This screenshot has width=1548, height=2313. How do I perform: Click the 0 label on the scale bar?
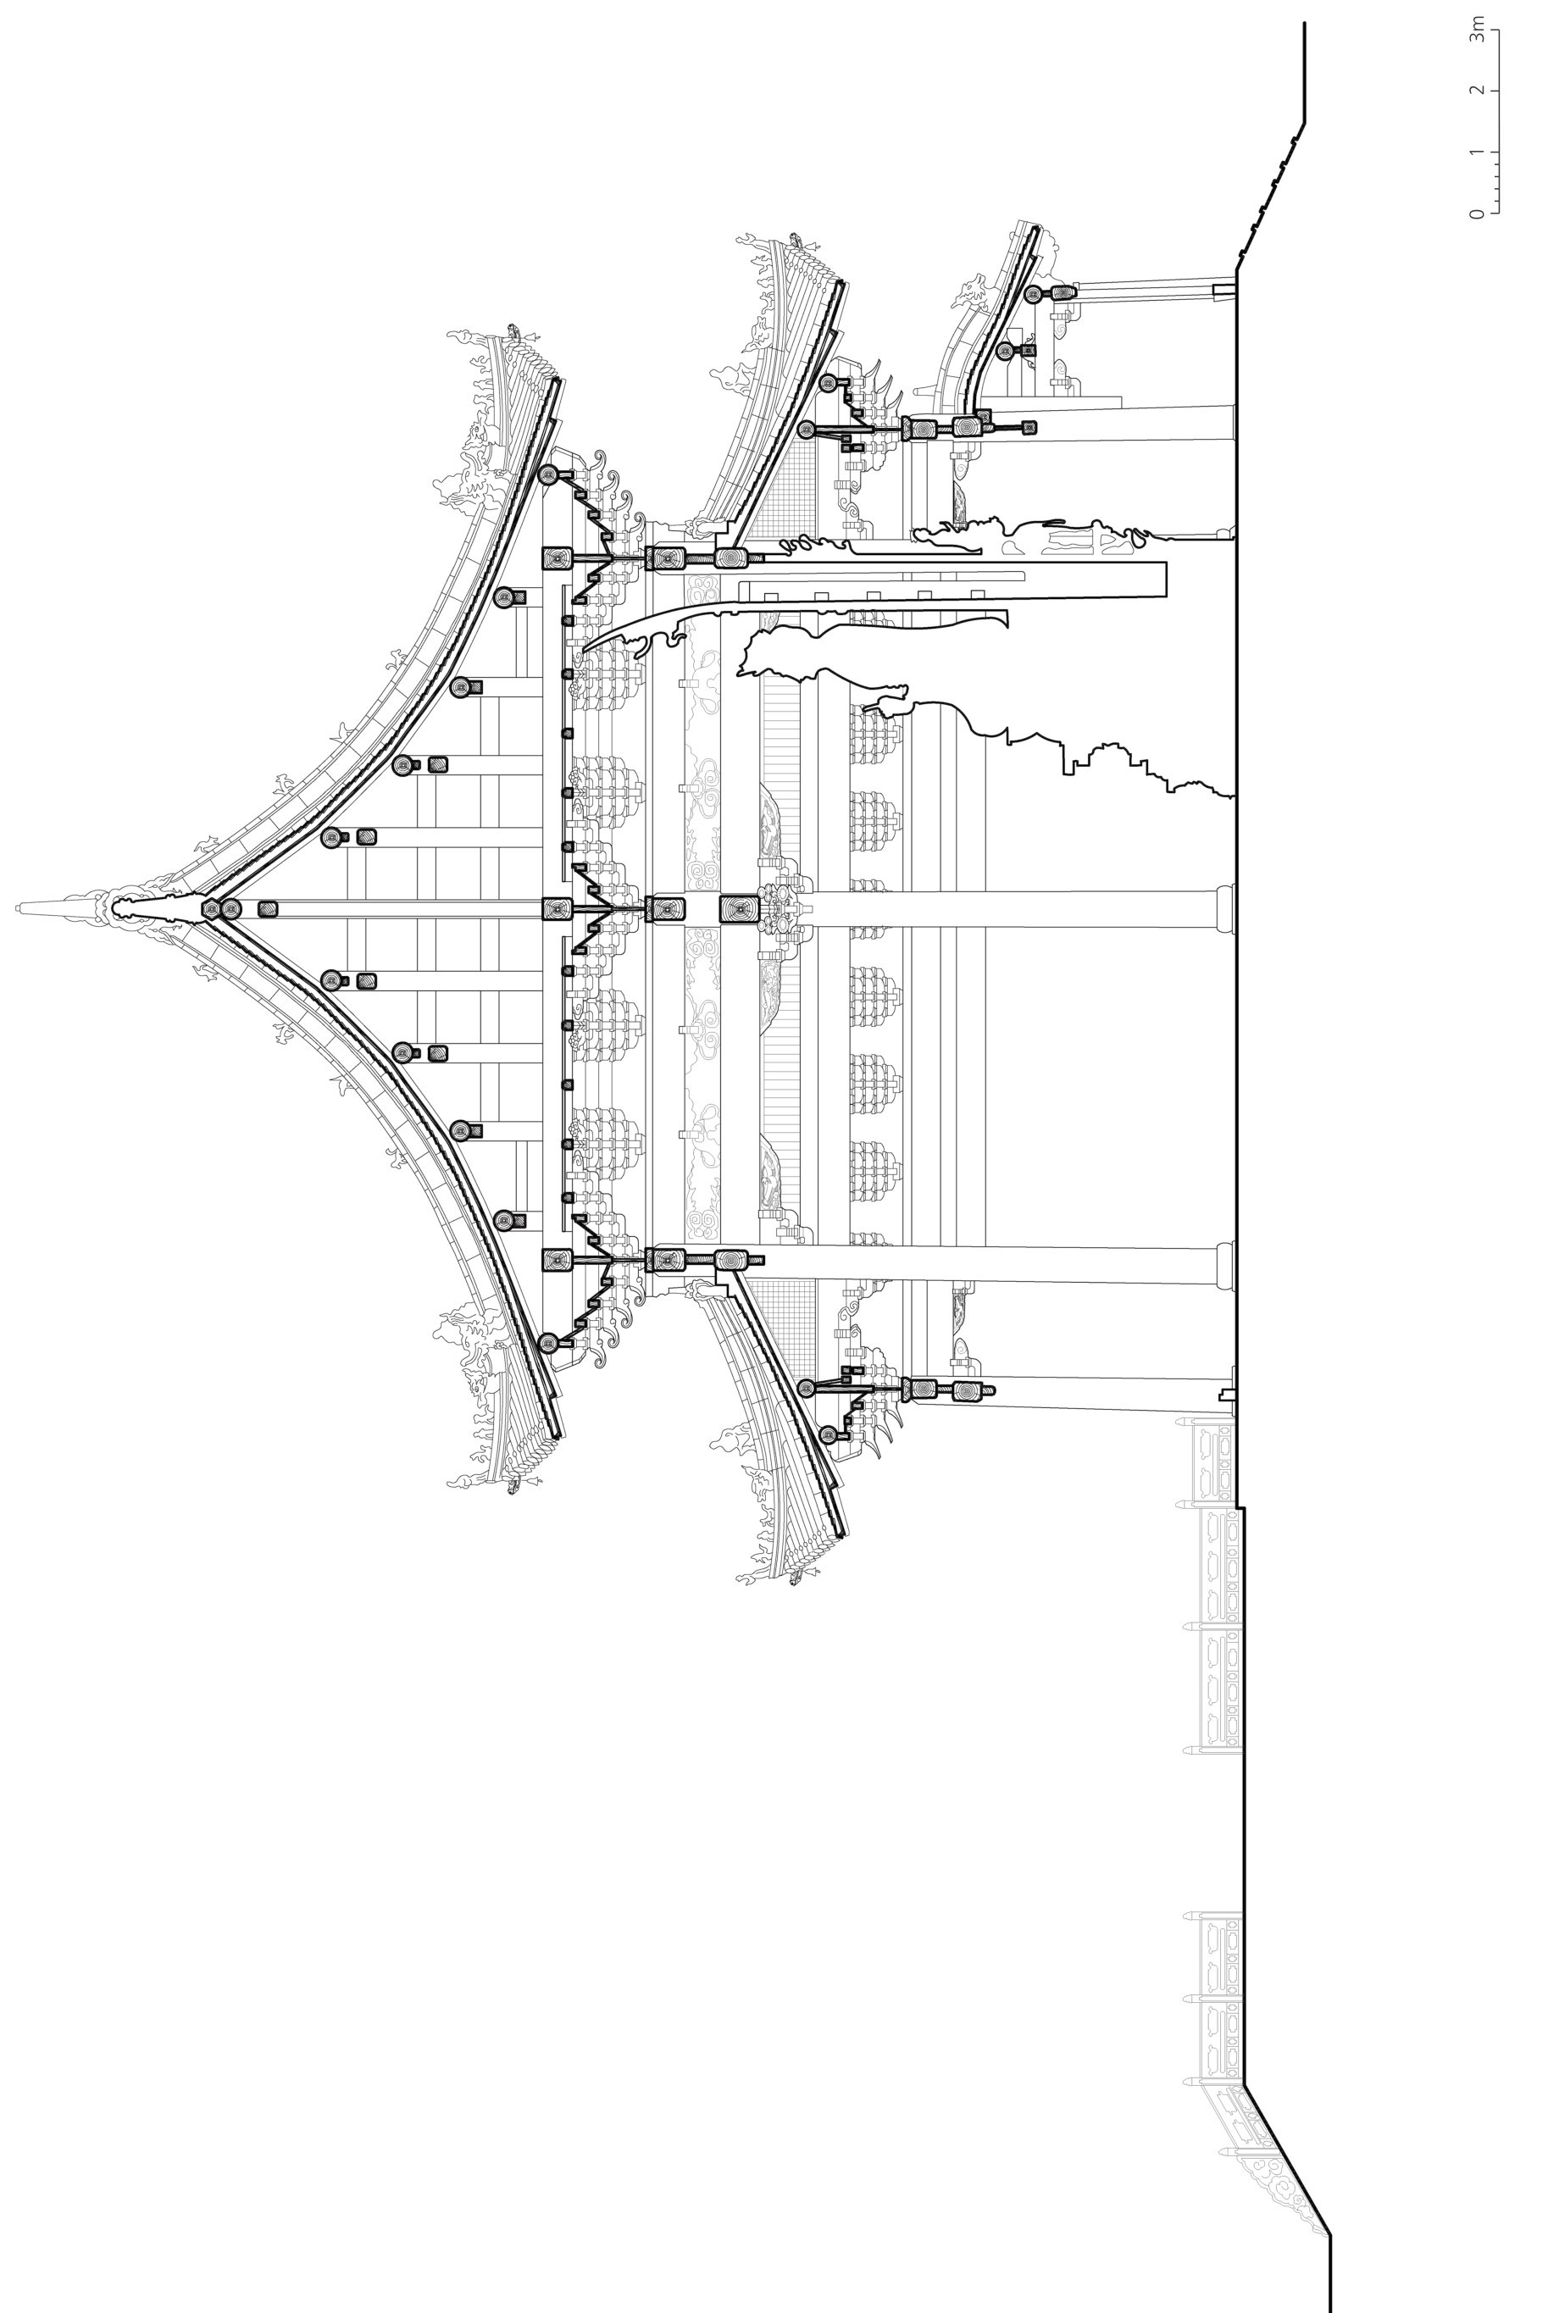coord(1476,214)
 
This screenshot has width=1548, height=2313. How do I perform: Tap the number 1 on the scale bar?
coord(1476,152)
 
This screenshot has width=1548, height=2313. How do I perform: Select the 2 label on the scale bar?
coord(1476,91)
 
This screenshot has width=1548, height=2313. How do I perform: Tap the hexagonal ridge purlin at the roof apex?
coord(210,909)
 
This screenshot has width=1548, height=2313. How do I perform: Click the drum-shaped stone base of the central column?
coord(1225,908)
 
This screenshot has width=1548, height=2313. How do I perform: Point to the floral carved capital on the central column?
coord(780,908)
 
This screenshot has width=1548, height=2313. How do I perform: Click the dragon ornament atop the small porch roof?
coord(973,291)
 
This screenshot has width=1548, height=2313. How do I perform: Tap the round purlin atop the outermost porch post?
coord(1033,293)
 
